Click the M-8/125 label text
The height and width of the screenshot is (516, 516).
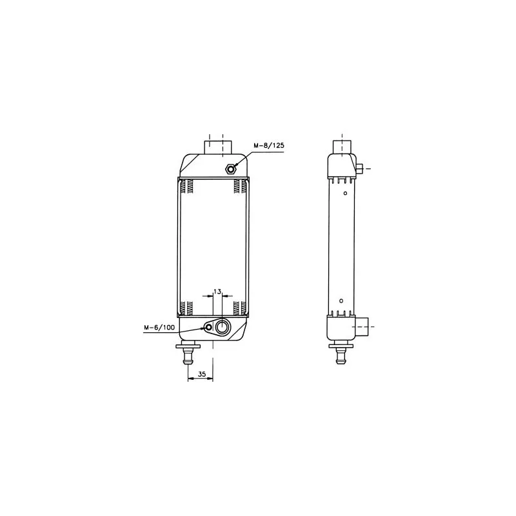[x=268, y=146]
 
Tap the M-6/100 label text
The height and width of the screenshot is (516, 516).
[x=159, y=328]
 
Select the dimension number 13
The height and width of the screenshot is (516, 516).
[x=217, y=292]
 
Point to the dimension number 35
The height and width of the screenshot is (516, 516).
[x=202, y=374]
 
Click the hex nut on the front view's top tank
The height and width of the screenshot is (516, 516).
[x=231, y=169]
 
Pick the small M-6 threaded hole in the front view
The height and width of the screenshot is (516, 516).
[x=208, y=328]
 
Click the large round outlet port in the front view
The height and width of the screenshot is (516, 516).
[x=222, y=327]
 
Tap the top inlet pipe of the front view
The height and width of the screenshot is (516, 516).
[x=218, y=147]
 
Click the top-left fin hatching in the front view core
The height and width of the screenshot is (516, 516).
[x=186, y=186]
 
